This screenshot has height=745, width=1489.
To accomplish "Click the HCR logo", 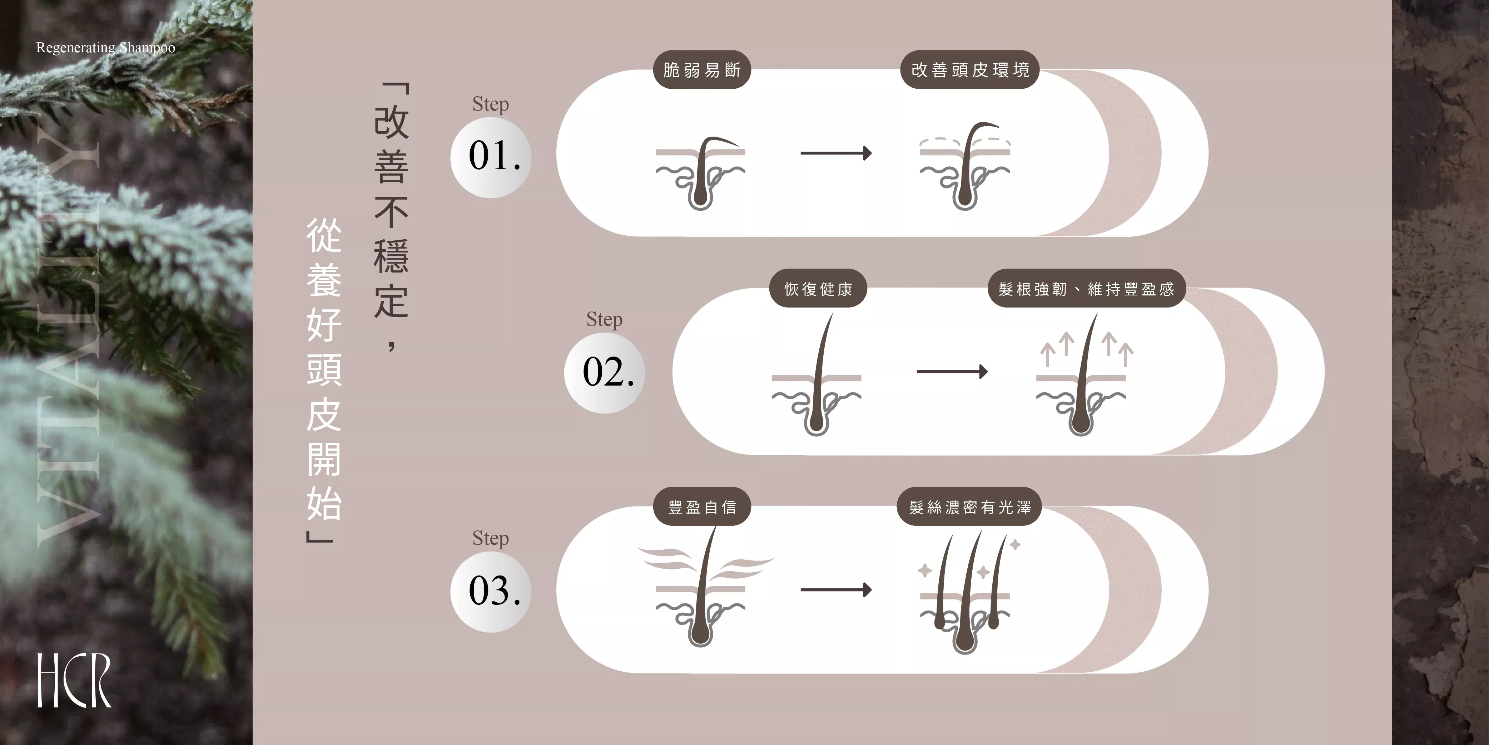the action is [x=74, y=680].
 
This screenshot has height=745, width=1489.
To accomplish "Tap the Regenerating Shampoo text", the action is [x=106, y=48].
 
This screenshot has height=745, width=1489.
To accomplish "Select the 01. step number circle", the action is [x=491, y=157].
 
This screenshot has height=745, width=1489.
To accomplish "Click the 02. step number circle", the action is [x=605, y=373].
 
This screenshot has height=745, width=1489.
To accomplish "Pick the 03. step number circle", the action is [x=491, y=591].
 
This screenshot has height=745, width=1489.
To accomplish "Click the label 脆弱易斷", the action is [x=702, y=70].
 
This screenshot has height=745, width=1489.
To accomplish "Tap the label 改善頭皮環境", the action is [x=970, y=70].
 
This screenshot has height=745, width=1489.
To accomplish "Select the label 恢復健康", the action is [x=818, y=289].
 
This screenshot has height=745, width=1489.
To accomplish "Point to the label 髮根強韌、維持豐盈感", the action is [x=1087, y=289].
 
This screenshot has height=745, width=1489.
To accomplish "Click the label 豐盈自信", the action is [x=702, y=507].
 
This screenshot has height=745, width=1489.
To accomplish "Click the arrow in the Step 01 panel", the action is [x=836, y=153].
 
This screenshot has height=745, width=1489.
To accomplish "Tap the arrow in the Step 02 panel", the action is [x=952, y=371].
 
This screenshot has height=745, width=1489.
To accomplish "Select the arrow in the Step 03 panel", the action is [x=836, y=590].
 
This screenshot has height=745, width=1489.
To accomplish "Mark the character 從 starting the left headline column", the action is [x=324, y=235].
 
